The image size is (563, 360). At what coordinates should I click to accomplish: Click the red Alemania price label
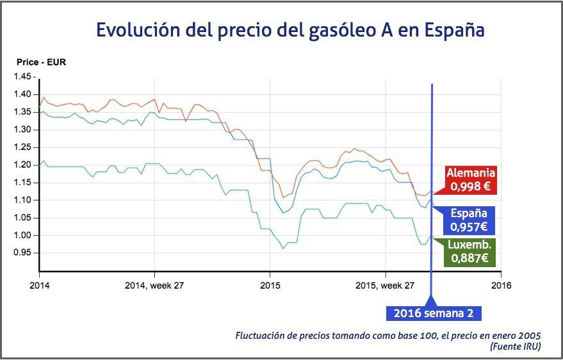pyautogui.click(x=471, y=180)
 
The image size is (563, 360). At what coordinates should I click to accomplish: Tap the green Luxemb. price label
pyautogui.click(x=469, y=252)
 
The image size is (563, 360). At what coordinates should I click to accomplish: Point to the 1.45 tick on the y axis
pyautogui.click(x=22, y=76)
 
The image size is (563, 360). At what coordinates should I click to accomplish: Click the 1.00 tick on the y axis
pyautogui.click(x=22, y=235)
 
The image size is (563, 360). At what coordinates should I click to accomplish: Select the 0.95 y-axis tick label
pyautogui.click(x=22, y=253)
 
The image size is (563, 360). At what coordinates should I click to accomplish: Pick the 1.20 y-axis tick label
pyautogui.click(x=22, y=165)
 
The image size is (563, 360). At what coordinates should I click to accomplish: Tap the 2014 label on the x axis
pyautogui.click(x=39, y=285)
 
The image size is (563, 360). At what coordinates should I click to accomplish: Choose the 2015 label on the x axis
pyautogui.click(x=269, y=285)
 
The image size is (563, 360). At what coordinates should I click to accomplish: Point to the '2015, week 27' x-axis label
pyautogui.click(x=384, y=285)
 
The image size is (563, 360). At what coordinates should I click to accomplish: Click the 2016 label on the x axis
pyautogui.click(x=500, y=285)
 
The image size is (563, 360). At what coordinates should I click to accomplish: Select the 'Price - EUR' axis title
pyautogui.click(x=42, y=63)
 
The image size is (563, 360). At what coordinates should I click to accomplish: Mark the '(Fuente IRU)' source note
pyautogui.click(x=515, y=347)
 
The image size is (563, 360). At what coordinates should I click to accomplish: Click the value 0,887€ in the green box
pyautogui.click(x=469, y=259)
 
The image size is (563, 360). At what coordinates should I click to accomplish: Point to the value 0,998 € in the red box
pyautogui.click(x=471, y=187)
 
